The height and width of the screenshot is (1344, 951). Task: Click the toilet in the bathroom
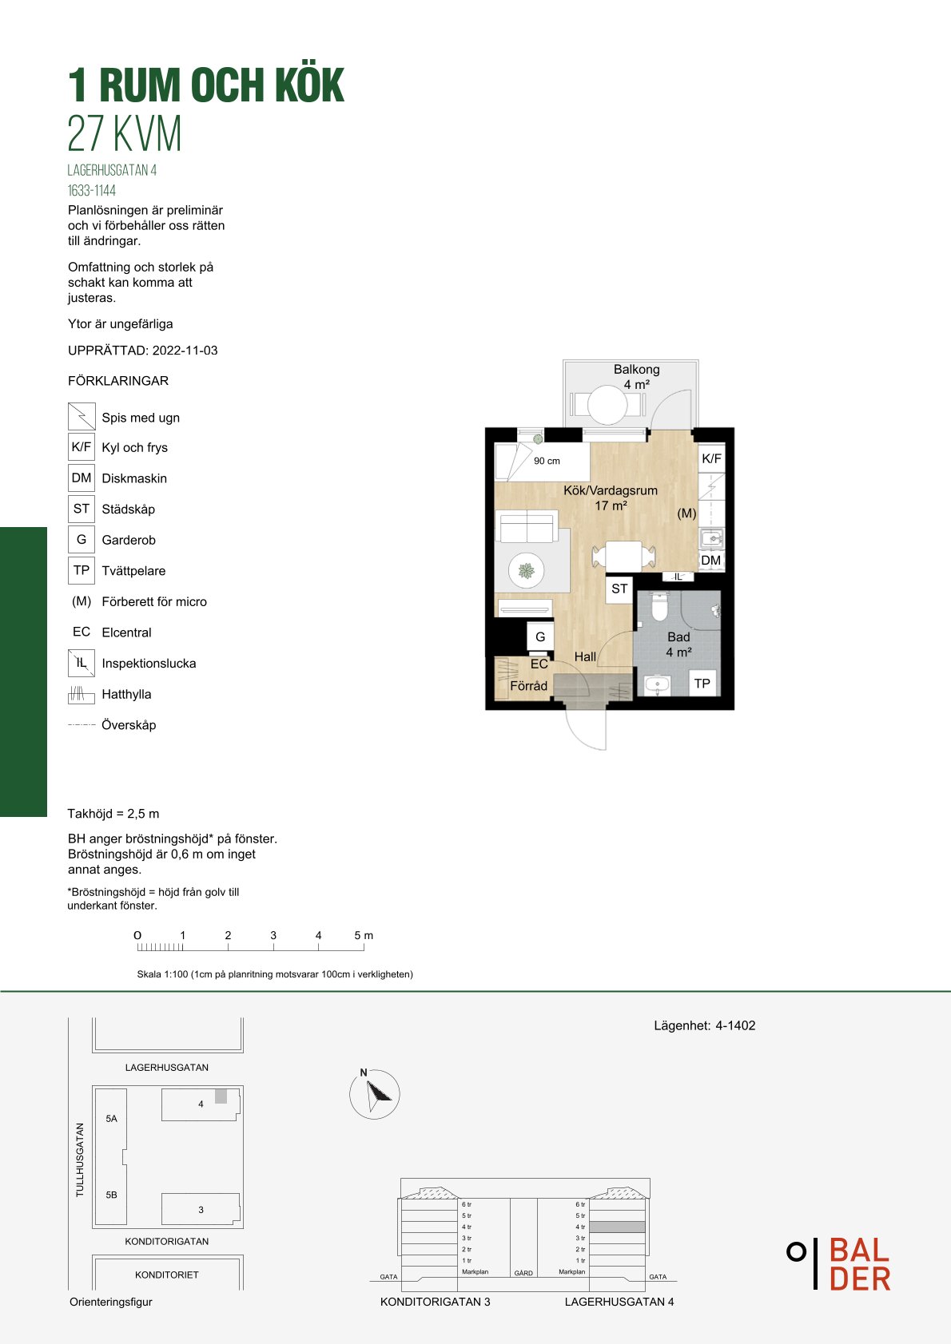coord(659,607)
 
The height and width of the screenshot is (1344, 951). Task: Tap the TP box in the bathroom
coord(702,683)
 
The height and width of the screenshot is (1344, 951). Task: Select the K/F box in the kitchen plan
coord(711,458)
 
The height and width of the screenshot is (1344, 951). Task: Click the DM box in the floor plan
coord(711,560)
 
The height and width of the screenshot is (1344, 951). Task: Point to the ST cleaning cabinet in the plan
coord(619,589)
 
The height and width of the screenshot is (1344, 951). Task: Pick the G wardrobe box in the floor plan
coord(540,636)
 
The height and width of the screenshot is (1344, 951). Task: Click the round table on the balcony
coord(607,404)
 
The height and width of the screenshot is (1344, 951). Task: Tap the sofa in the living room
coord(527,525)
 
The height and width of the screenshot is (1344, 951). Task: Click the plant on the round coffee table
coord(527,571)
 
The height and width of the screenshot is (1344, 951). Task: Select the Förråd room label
coord(528,686)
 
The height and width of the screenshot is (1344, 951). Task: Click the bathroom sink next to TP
coord(658,684)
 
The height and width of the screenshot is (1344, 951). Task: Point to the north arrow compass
coord(375,1094)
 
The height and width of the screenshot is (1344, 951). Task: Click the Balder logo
coord(839,1263)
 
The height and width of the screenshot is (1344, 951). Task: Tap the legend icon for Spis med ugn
coord(82,416)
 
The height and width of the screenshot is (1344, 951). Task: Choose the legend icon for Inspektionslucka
coord(82,663)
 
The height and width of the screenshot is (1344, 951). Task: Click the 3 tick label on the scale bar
coord(273,935)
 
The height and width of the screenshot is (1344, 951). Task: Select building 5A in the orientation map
coord(112,1118)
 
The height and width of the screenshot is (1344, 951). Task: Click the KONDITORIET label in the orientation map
coord(167,1275)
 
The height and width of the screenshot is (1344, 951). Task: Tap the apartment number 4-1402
coord(735,1025)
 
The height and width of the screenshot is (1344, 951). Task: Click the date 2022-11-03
coord(185,351)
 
